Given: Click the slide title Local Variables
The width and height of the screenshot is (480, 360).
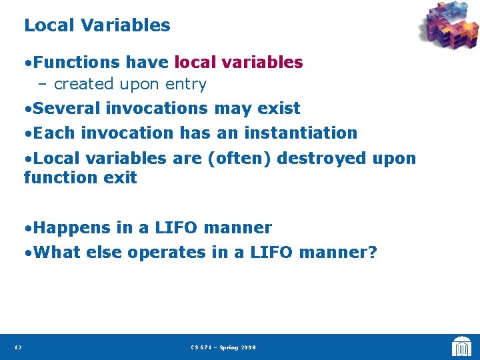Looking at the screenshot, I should (97, 25).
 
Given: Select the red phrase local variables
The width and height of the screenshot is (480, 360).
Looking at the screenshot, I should (239, 63).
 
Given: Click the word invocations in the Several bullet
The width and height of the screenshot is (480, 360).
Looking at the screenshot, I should (159, 108).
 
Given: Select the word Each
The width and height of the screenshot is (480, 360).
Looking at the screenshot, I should (51, 133).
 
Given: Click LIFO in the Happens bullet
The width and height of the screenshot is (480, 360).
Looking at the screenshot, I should (179, 228).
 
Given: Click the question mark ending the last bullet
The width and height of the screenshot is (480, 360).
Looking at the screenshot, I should (373, 253).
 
